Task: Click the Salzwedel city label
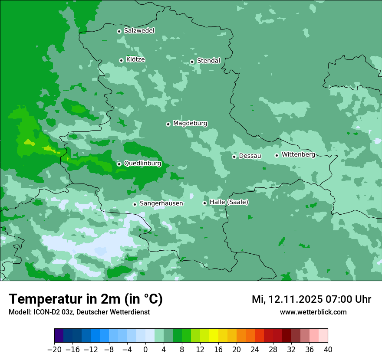(x=139, y=31)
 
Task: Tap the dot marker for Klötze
(x=121, y=60)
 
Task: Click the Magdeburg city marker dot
(x=168, y=124)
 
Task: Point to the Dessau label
(x=250, y=156)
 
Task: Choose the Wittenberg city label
(x=298, y=154)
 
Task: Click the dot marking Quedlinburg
(x=119, y=164)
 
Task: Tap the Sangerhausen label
(x=161, y=203)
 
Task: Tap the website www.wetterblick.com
(x=313, y=312)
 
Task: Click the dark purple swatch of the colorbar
(x=59, y=336)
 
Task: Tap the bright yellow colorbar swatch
(x=214, y=336)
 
